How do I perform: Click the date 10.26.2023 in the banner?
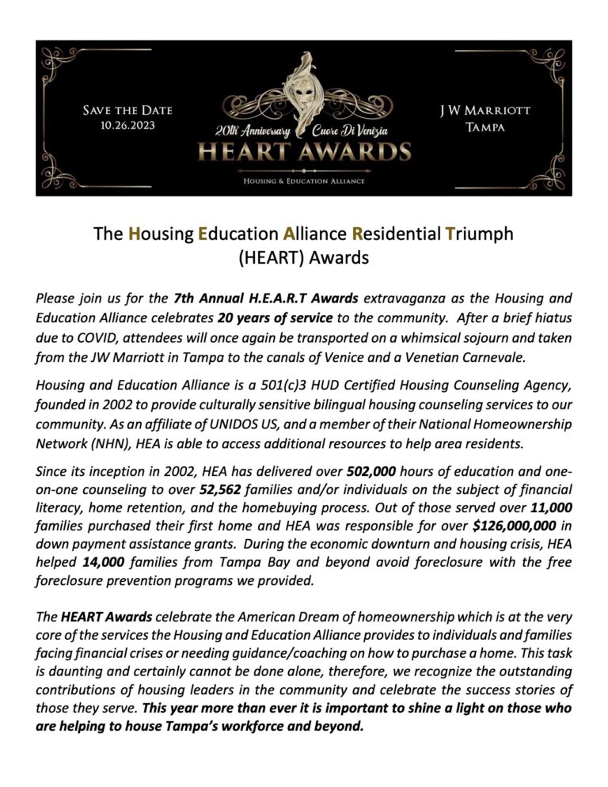(127, 124)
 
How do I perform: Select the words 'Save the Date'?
(127, 109)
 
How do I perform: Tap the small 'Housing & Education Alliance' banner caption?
(304, 181)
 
